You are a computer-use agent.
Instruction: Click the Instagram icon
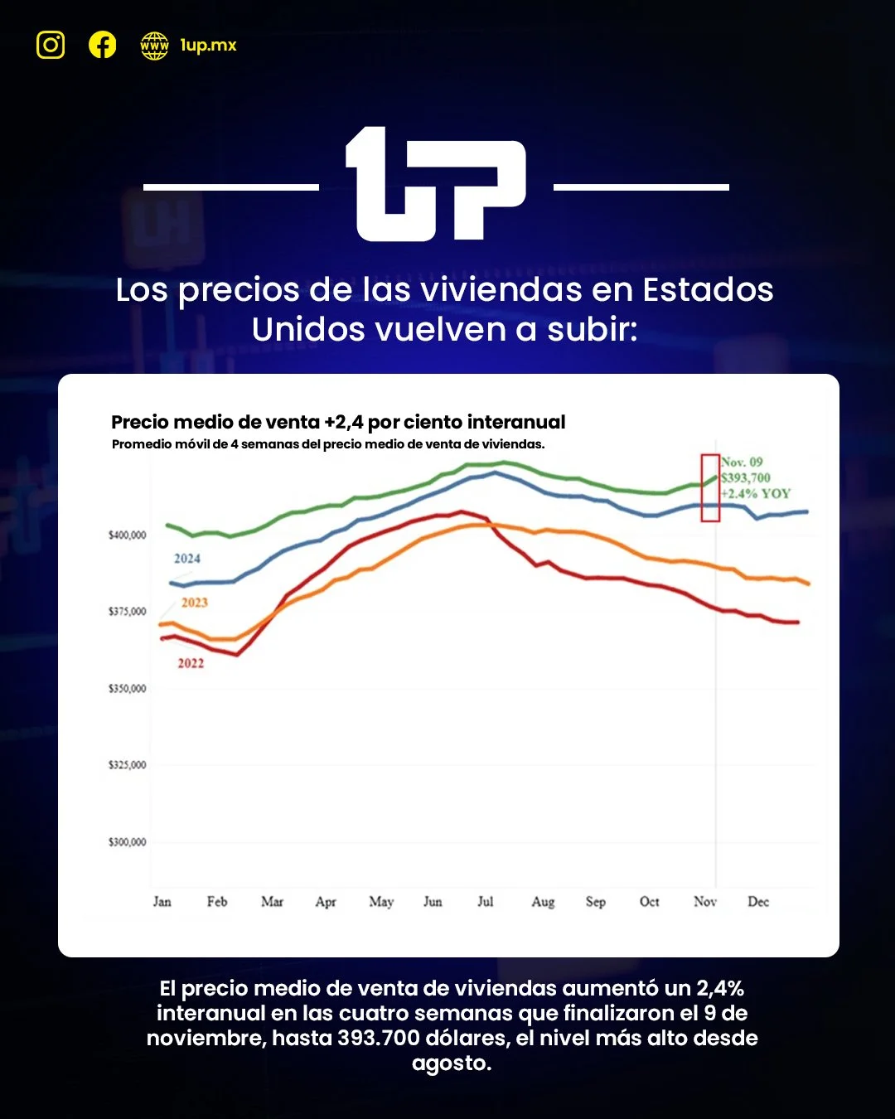51,45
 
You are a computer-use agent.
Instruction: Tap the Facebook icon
103,45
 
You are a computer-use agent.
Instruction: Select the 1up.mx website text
208,46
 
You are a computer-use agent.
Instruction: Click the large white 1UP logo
436,185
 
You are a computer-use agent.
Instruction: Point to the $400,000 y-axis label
127,535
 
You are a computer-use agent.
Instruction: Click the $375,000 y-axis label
127,612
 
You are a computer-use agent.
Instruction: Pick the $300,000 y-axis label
127,842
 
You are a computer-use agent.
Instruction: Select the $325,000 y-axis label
127,765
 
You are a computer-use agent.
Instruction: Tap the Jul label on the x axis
486,902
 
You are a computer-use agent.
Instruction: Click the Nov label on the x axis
705,902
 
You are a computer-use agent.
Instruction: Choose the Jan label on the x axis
162,902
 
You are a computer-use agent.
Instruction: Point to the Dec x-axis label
758,902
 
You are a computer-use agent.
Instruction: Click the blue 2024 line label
187,559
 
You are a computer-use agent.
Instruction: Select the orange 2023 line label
195,603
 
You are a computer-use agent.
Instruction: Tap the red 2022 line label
191,663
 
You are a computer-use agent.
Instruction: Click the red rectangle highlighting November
710,488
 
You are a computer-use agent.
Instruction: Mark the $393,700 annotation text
746,478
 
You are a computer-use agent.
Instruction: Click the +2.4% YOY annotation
756,494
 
